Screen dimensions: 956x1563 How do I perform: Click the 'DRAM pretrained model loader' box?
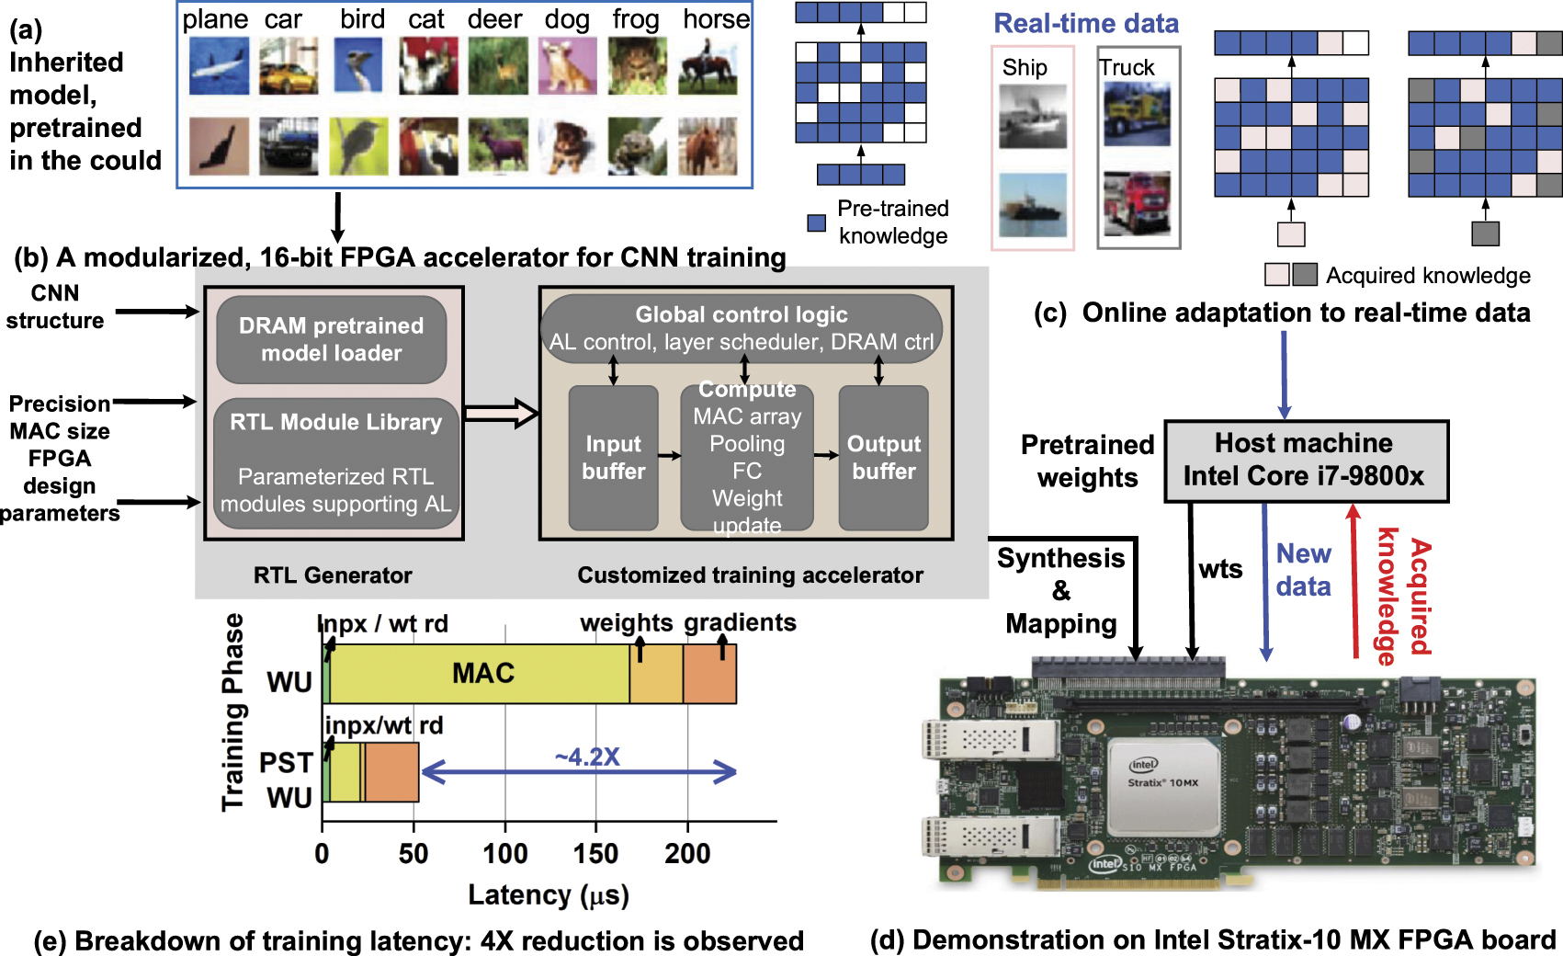click(x=331, y=339)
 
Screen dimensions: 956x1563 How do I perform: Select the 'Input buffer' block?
click(x=613, y=458)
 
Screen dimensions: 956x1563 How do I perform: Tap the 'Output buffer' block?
click(x=883, y=458)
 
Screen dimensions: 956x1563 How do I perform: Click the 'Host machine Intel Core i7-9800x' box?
click(x=1305, y=461)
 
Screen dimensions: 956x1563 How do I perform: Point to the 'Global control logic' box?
click(x=742, y=328)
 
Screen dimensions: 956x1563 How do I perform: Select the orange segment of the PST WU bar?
click(x=392, y=772)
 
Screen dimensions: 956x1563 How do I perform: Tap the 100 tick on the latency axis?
click(x=504, y=853)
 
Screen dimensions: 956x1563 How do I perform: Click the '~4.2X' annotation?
click(x=587, y=757)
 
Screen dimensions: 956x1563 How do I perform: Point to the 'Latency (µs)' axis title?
click(x=549, y=894)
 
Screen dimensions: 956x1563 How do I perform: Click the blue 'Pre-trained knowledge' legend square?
click(x=816, y=222)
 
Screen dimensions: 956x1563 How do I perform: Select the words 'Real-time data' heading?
click(x=1086, y=24)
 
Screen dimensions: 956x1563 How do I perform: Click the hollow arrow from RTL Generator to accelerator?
click(x=502, y=414)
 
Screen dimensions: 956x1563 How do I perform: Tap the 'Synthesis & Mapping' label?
click(x=1060, y=590)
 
